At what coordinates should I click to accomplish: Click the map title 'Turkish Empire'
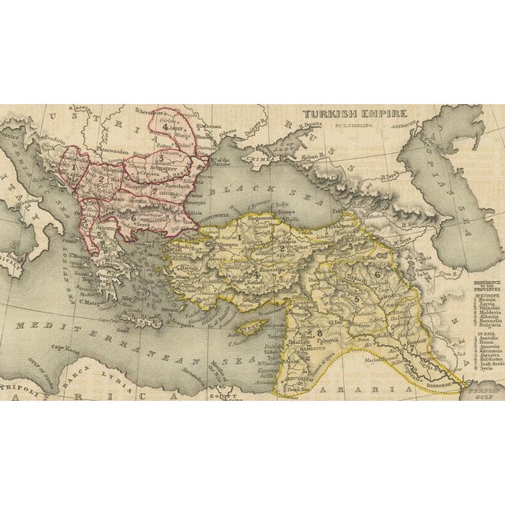tap(345, 114)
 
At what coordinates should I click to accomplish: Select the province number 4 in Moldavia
tap(165, 126)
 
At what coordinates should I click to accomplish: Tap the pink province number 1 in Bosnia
tap(73, 167)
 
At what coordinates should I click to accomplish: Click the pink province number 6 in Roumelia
tap(133, 219)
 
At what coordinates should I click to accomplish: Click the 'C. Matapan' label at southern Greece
tap(93, 301)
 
